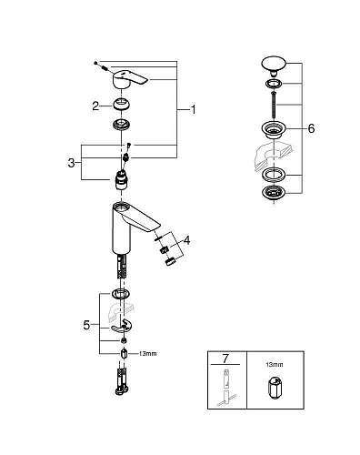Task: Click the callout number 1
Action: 193,109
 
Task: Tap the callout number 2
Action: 95,106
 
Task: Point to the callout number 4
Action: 188,241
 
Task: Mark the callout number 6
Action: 311,129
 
